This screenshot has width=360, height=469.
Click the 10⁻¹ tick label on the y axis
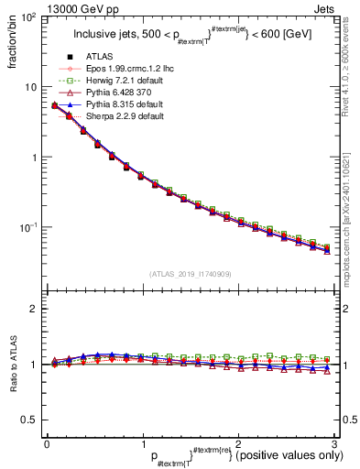27,227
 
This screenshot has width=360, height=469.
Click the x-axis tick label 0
47,443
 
